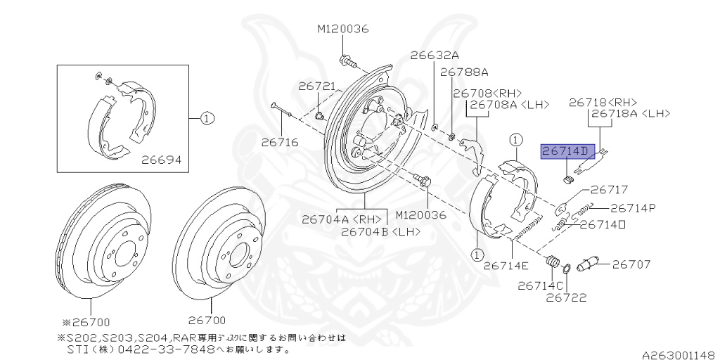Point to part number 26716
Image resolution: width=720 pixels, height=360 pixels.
(280, 142)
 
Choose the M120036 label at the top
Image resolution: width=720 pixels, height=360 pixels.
(342, 29)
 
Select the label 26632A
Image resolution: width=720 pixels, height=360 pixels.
(435, 55)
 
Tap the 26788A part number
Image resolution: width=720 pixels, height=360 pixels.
(464, 72)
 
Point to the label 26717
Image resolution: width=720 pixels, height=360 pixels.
(609, 189)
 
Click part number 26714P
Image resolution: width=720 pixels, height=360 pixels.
(633, 207)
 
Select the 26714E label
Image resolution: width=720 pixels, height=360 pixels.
(506, 265)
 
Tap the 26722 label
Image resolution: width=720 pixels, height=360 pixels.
(567, 297)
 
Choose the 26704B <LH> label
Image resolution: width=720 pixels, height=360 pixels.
(380, 230)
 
